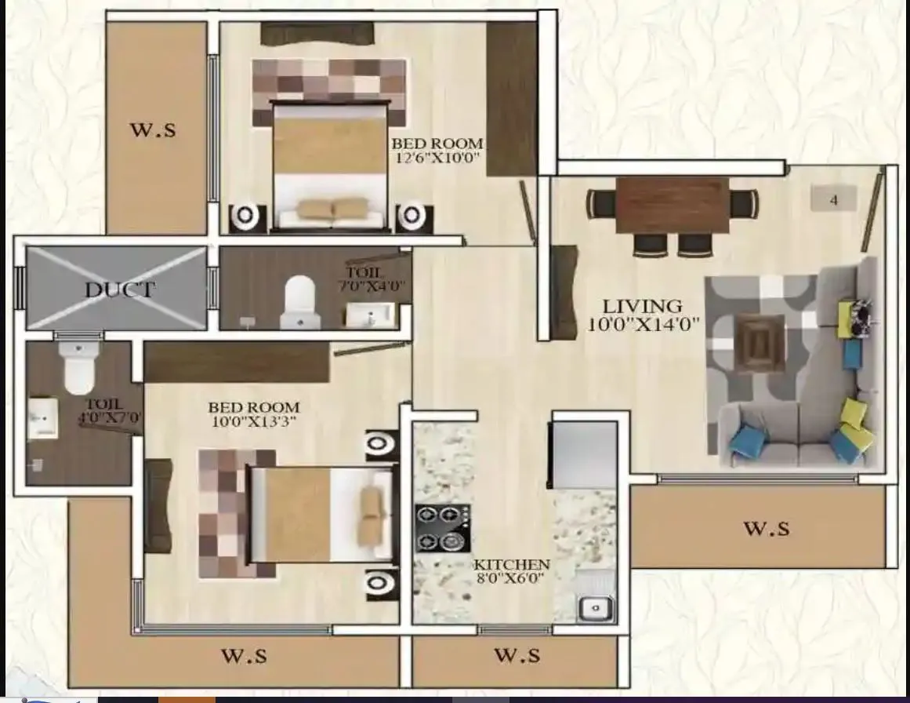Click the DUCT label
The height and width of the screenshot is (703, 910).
[x=120, y=289]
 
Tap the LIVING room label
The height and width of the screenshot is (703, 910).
[x=642, y=305]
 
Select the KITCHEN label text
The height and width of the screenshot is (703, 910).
[x=512, y=565]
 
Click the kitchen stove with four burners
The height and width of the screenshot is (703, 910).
[x=443, y=528]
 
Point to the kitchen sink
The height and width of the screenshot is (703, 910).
[x=596, y=606]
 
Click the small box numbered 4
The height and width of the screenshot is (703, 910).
[x=833, y=199]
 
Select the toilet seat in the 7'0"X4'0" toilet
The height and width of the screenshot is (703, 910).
[x=299, y=296]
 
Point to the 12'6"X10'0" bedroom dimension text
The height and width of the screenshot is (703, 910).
[x=436, y=158]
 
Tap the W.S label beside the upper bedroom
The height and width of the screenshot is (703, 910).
[x=152, y=130]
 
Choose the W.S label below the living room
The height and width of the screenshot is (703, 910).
[x=766, y=528]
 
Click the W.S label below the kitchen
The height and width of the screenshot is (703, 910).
[x=517, y=654]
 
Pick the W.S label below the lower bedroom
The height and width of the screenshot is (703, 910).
[x=243, y=654]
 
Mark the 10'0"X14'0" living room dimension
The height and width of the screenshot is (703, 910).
[x=643, y=323]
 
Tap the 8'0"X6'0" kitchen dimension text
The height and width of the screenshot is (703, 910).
[x=511, y=580]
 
